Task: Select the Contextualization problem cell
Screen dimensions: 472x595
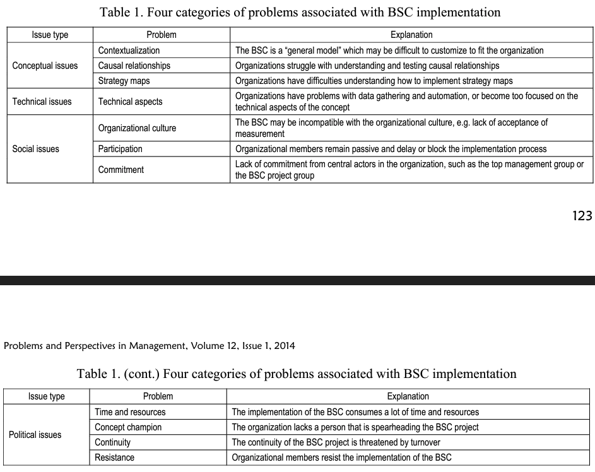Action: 129,50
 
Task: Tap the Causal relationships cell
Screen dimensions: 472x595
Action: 134,66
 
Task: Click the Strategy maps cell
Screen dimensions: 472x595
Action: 124,81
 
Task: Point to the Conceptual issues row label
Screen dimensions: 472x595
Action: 45,66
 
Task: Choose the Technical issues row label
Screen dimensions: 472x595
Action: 42,102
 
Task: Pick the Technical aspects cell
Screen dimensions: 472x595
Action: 130,102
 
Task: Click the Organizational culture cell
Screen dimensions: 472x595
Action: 137,128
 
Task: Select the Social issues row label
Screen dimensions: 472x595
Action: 36,149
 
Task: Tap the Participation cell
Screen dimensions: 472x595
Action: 121,149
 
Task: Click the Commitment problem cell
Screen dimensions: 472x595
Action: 121,170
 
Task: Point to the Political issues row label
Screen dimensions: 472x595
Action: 35,435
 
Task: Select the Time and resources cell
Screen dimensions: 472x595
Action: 130,412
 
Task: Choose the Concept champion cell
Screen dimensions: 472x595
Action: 128,427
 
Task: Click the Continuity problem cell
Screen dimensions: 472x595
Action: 115,442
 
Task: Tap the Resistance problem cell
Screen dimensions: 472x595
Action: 114,457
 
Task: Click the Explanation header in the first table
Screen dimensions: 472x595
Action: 411,35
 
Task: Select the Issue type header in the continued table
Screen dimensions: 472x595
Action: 47,397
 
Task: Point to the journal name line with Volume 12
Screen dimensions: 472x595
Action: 150,345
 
